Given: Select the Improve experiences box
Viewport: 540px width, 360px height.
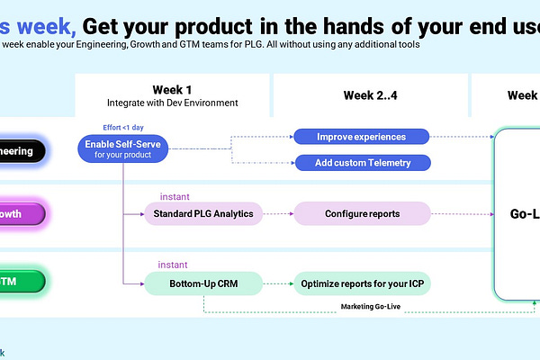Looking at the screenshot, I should (x=361, y=137).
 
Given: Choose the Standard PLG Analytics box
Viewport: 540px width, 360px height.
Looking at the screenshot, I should (x=204, y=213).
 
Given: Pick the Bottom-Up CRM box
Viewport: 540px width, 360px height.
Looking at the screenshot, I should (x=203, y=283).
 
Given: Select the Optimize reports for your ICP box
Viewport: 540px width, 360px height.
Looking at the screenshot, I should (x=362, y=283).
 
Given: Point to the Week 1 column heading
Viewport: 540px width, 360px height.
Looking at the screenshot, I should (x=172, y=89).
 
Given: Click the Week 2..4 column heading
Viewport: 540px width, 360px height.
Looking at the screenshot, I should (x=371, y=95).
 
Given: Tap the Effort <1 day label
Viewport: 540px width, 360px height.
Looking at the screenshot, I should (x=123, y=127).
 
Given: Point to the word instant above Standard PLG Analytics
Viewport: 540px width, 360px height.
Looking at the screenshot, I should (x=175, y=196).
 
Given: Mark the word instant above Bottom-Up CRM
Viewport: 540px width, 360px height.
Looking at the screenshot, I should (x=175, y=265).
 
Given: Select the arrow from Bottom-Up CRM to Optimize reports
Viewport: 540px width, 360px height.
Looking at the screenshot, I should (x=278, y=283).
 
